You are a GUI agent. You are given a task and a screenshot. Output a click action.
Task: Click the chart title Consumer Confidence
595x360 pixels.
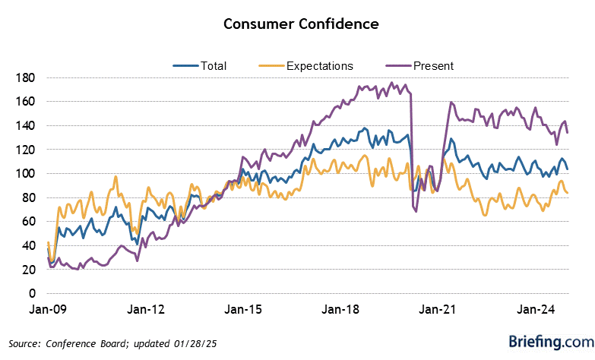pyautogui.click(x=301, y=24)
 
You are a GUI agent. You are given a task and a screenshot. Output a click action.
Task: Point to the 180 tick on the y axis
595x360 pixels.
pyautogui.click(x=26, y=77)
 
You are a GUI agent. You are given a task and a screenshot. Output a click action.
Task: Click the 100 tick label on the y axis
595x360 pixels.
pyautogui.click(x=26, y=174)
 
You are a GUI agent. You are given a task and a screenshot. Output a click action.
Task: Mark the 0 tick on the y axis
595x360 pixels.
pyautogui.click(x=32, y=293)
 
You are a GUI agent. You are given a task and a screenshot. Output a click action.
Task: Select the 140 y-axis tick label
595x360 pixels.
pyautogui.click(x=26, y=125)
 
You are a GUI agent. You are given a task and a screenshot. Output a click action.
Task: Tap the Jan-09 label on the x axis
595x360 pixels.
pyautogui.click(x=48, y=310)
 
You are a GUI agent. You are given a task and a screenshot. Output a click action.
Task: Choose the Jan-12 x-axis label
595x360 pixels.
pyautogui.click(x=145, y=310)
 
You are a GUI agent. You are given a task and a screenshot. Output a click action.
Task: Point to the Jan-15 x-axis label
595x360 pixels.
pyautogui.click(x=243, y=310)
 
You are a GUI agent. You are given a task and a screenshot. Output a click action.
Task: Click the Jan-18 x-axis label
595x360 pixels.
pyautogui.click(x=341, y=310)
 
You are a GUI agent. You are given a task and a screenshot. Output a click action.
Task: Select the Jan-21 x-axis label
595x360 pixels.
pyautogui.click(x=439, y=310)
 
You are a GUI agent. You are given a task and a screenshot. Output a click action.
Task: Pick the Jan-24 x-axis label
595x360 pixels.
pyautogui.click(x=536, y=310)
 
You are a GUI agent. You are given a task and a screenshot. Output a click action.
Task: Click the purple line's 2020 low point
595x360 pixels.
pyautogui.click(x=416, y=210)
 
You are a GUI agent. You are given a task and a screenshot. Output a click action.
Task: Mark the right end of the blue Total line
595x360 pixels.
pyautogui.click(x=568, y=168)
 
